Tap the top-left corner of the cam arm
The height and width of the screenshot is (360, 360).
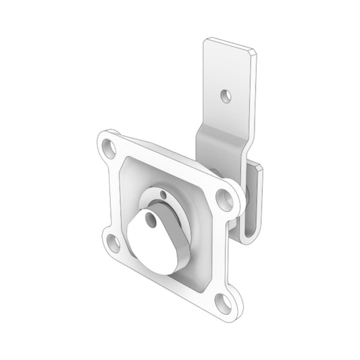(207, 42)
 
